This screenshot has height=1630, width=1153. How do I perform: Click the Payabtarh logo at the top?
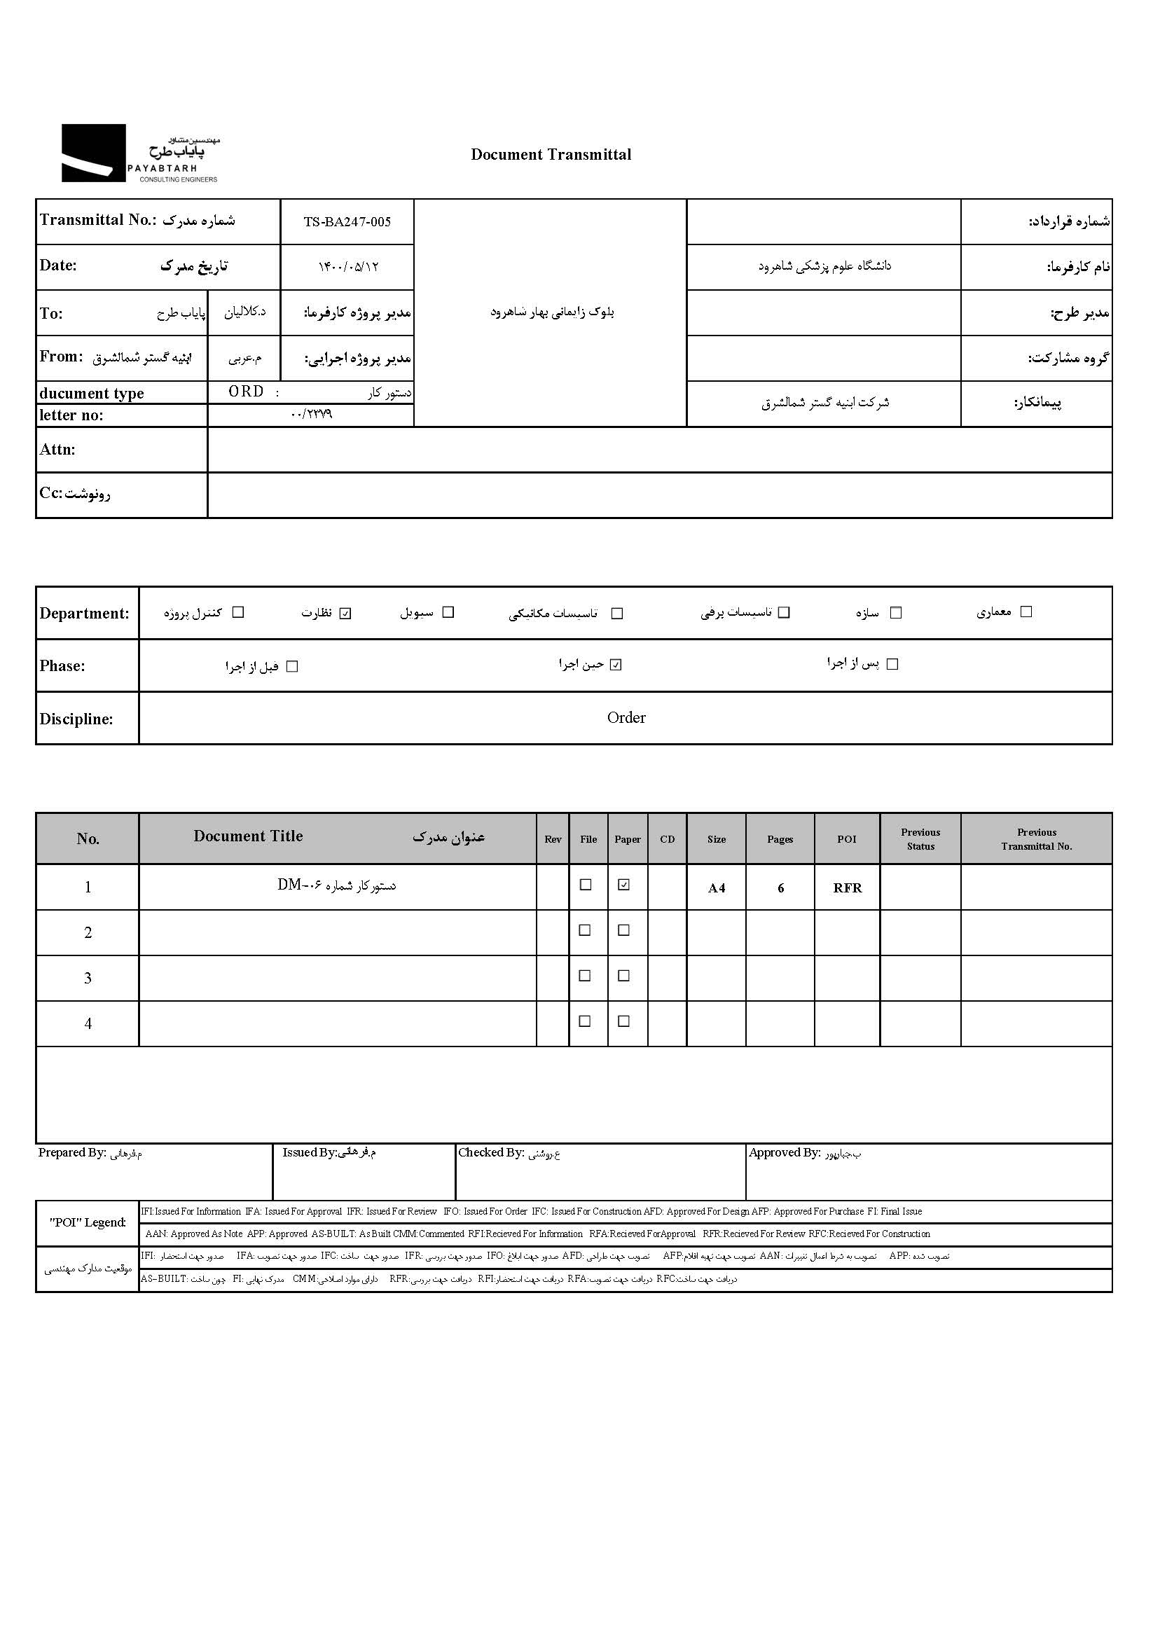click(x=139, y=153)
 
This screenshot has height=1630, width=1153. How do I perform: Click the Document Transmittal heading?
click(x=551, y=155)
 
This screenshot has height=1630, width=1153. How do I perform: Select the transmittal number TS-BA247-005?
click(x=347, y=222)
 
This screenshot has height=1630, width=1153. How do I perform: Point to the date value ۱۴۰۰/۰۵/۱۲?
click(x=348, y=267)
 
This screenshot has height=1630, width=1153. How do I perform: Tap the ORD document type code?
click(x=246, y=392)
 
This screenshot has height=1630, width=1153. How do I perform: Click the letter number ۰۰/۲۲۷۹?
click(x=311, y=415)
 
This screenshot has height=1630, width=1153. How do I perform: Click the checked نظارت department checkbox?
click(x=345, y=614)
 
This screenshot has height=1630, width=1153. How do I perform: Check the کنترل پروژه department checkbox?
click(x=239, y=612)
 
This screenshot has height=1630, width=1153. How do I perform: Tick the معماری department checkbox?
click(x=1026, y=612)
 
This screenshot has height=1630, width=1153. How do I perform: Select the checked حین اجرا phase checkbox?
click(x=616, y=665)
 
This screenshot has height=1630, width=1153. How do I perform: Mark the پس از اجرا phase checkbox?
click(x=892, y=664)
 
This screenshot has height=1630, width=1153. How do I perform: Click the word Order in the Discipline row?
click(x=626, y=718)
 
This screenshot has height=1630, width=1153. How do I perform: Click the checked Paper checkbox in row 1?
click(x=624, y=885)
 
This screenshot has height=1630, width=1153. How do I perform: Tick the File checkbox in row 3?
click(x=585, y=976)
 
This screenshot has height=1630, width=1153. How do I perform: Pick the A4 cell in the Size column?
click(x=717, y=888)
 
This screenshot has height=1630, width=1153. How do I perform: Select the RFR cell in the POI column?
click(x=847, y=888)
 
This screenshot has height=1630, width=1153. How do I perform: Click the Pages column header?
click(x=780, y=839)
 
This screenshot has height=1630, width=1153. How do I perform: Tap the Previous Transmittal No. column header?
click(x=1037, y=839)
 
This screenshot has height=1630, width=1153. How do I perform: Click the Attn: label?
click(x=57, y=450)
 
